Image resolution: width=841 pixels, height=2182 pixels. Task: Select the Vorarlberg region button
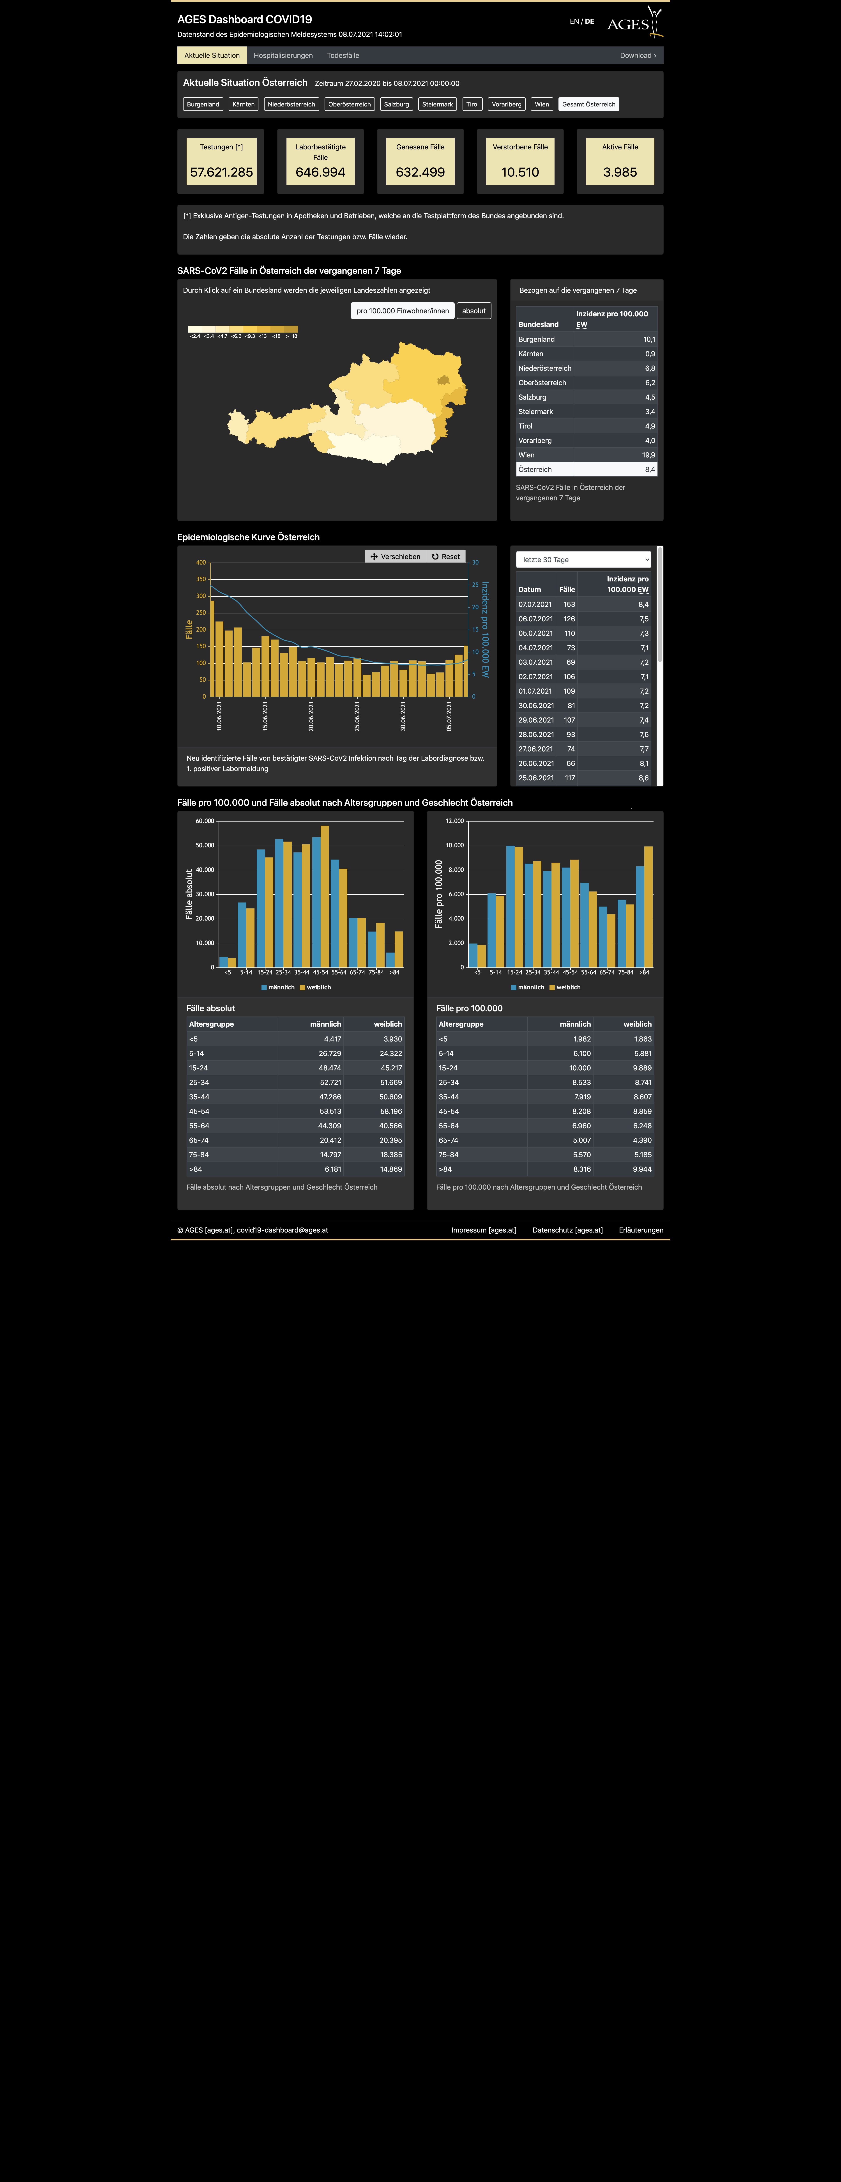click(x=507, y=104)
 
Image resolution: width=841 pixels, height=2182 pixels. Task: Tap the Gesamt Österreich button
click(x=589, y=104)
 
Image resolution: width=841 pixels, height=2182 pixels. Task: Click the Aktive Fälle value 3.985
click(x=620, y=172)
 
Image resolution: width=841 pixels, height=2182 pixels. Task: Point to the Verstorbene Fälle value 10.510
click(x=520, y=172)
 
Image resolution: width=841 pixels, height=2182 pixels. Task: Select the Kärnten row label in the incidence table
click(x=531, y=354)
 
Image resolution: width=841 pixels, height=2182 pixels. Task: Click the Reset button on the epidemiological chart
click(x=445, y=556)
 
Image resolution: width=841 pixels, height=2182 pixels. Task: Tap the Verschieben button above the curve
click(x=396, y=556)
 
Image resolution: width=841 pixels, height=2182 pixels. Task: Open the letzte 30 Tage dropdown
click(x=583, y=560)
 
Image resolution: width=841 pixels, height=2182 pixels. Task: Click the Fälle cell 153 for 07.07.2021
click(x=569, y=605)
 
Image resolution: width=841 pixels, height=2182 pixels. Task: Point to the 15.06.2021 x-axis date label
click(x=265, y=716)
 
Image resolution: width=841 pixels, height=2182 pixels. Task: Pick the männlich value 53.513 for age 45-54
click(x=329, y=1111)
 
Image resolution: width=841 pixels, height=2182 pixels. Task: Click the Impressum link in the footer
click(x=484, y=1230)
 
